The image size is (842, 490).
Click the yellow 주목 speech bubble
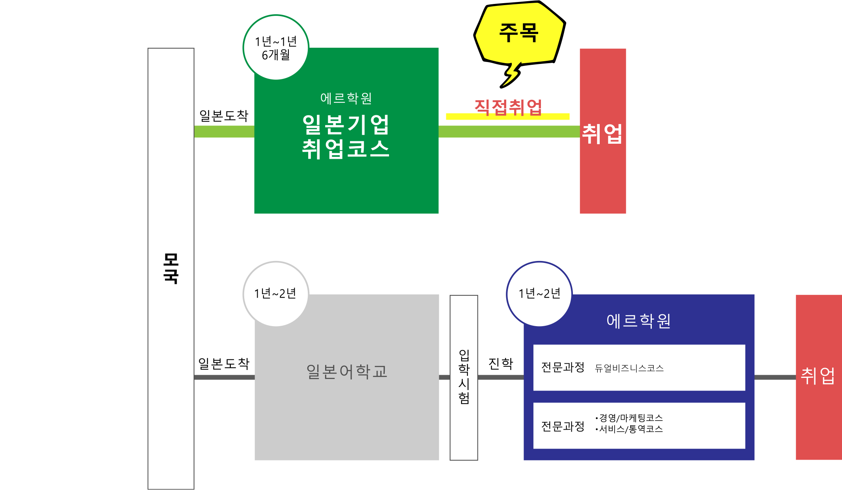point(519,34)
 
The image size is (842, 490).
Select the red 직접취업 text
point(508,107)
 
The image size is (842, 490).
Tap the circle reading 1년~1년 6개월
point(276,47)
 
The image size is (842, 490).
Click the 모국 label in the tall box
point(171,268)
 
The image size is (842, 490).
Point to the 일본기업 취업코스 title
point(346,137)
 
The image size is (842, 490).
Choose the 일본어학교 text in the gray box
point(347,372)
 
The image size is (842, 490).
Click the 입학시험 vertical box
point(464,377)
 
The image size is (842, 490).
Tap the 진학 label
point(501,363)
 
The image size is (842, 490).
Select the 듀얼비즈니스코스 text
point(629,368)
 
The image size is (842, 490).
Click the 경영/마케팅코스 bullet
point(629,418)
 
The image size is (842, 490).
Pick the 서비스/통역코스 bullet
point(629,429)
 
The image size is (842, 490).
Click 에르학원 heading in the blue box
point(638,321)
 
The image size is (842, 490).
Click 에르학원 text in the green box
point(346,98)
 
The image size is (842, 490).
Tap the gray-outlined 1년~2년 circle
point(276,294)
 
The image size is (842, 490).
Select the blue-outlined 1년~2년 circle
point(539,294)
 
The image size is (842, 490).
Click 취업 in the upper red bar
point(602,134)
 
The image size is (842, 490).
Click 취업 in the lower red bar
point(818,375)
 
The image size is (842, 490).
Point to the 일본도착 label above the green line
point(224,116)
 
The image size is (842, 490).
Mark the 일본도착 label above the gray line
point(224,363)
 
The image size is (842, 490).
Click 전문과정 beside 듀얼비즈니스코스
point(563,367)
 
